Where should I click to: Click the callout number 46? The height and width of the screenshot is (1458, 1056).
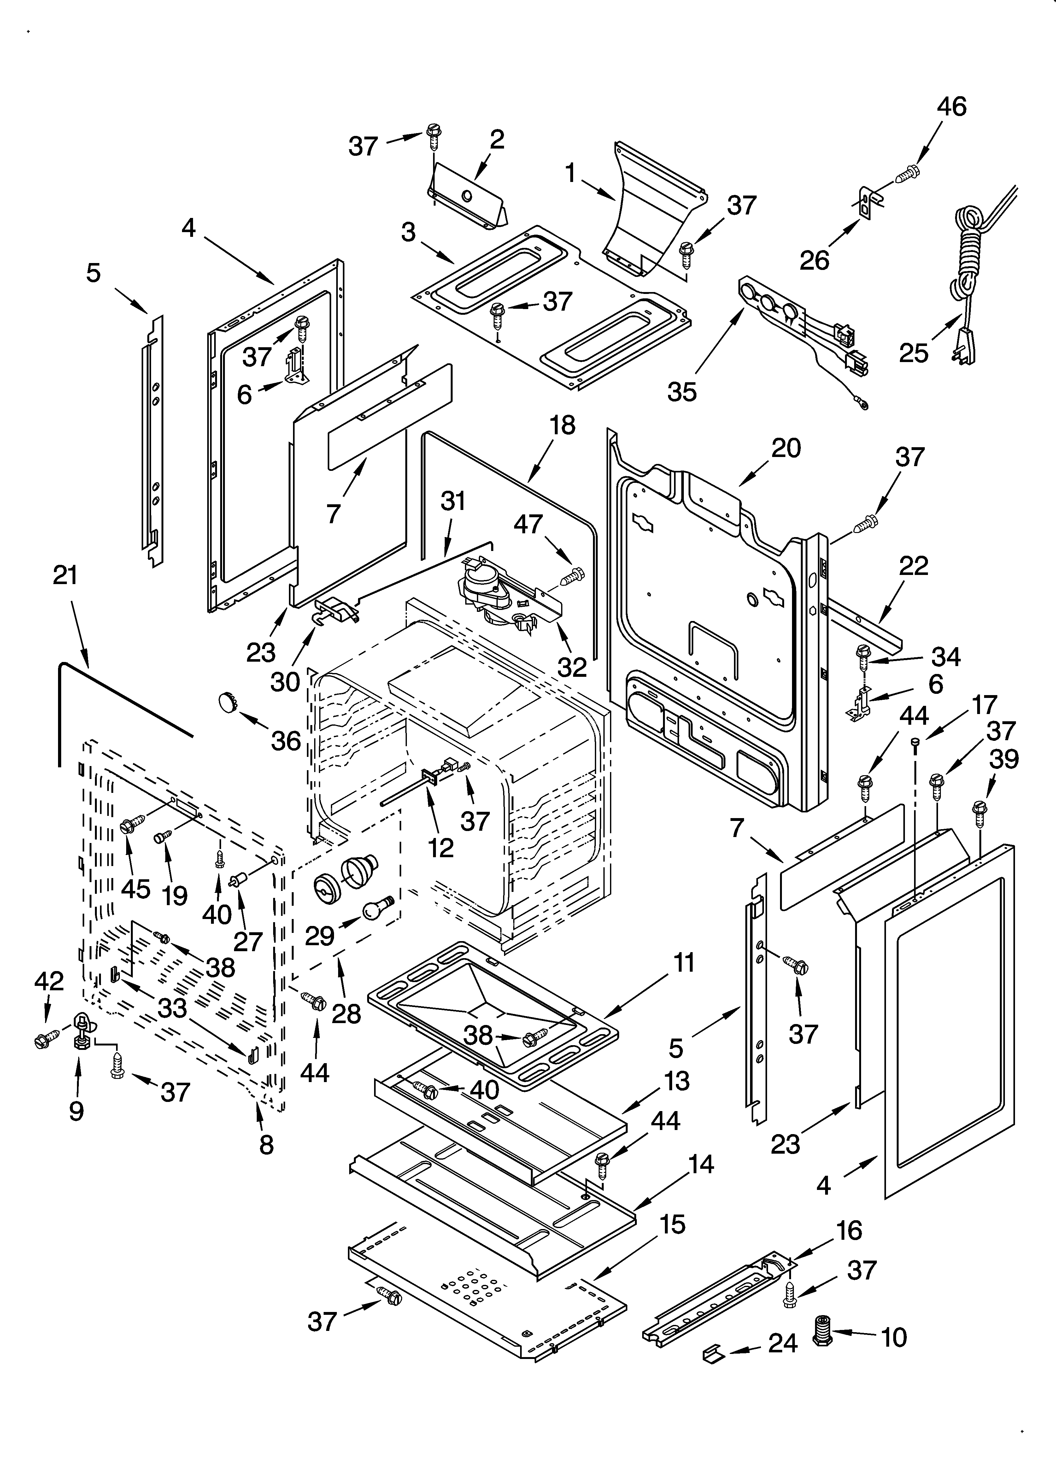(x=951, y=107)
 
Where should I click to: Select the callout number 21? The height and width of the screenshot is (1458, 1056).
(x=65, y=575)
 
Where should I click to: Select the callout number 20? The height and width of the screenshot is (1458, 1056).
(x=786, y=448)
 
